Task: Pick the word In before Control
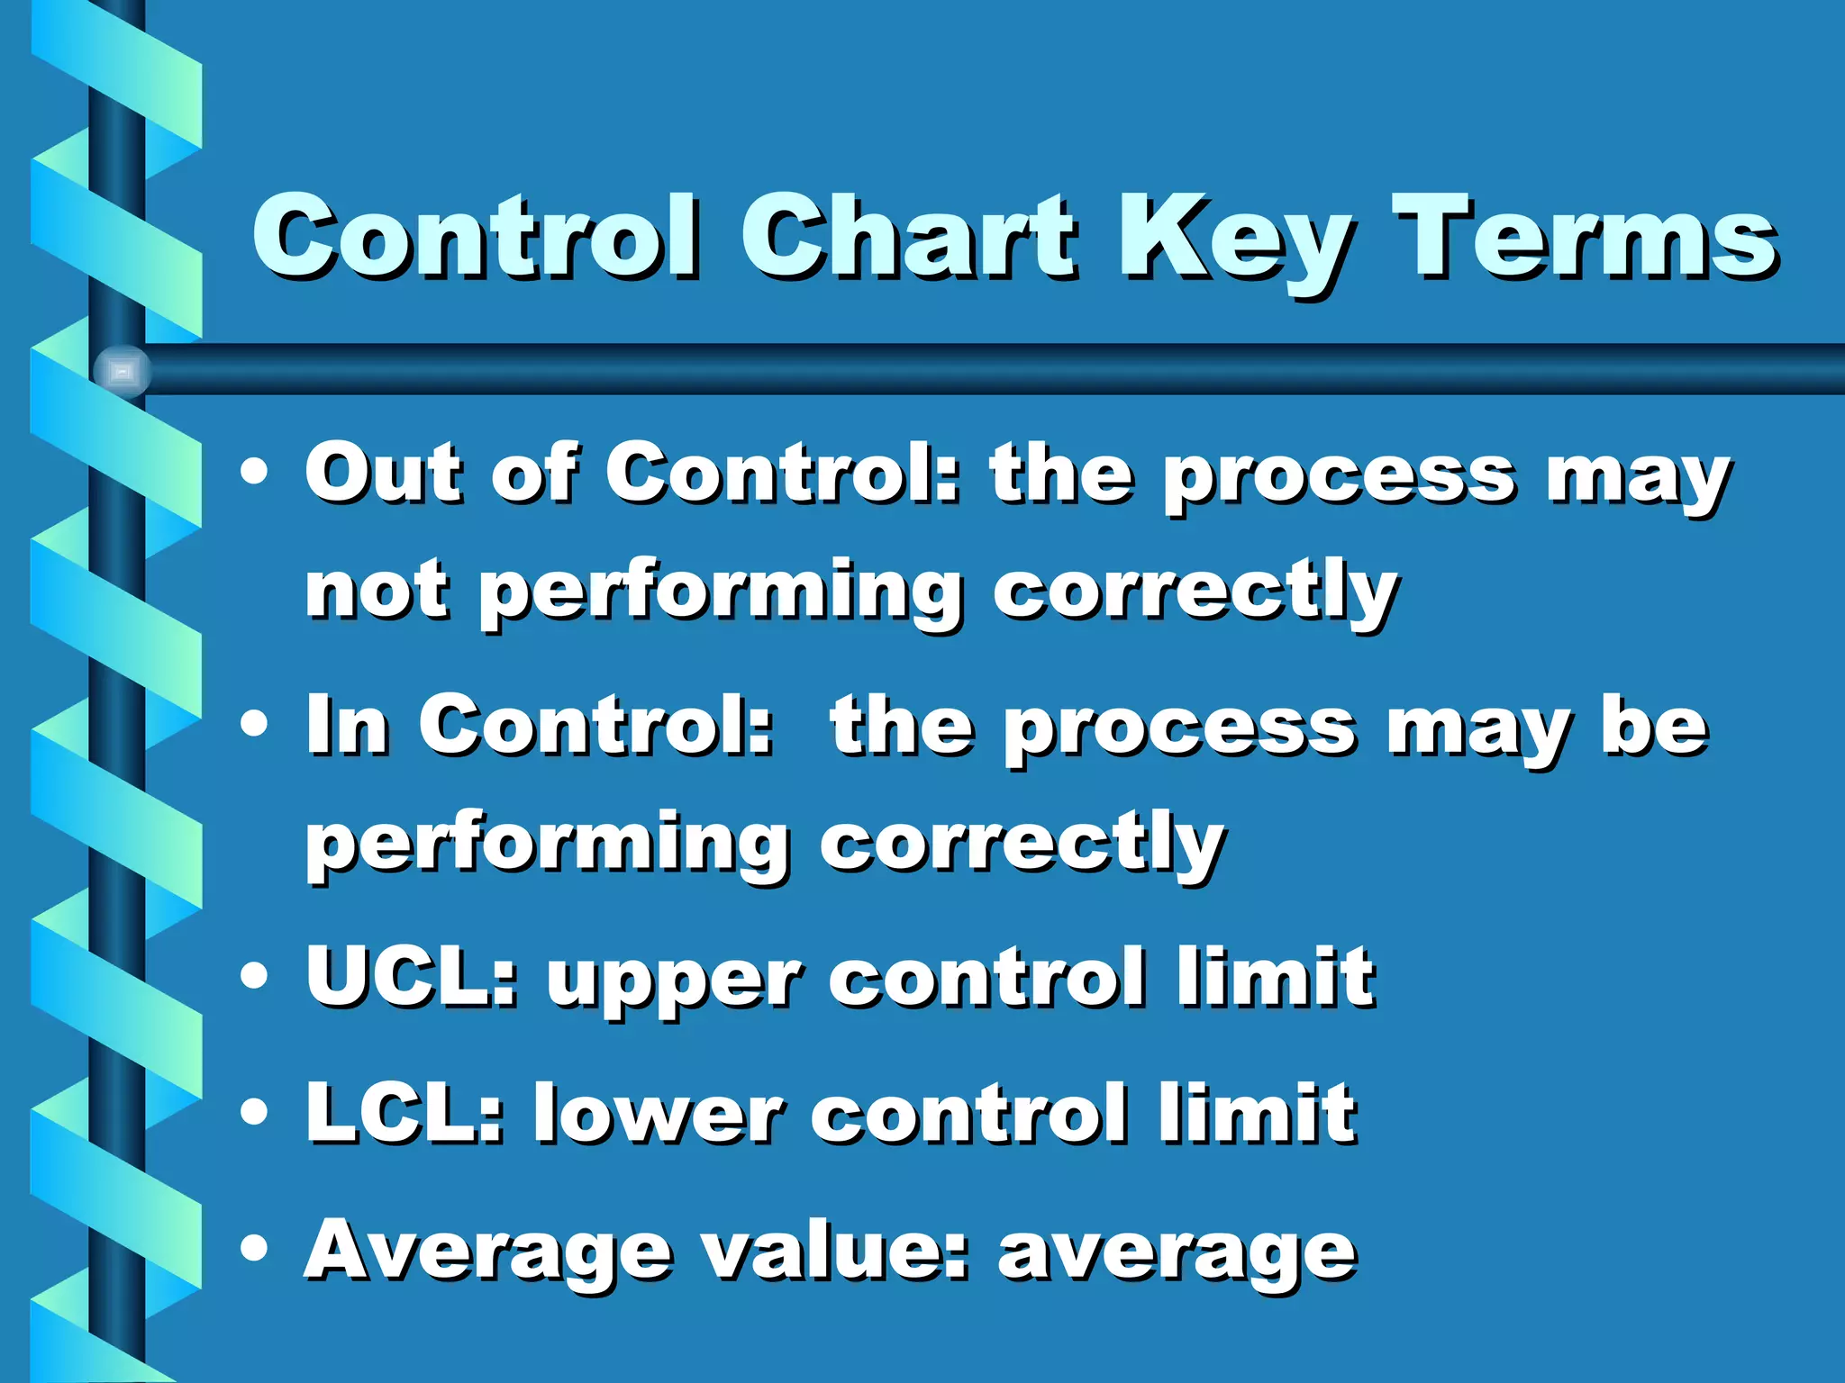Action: pyautogui.click(x=348, y=726)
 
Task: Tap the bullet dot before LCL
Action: pyautogui.click(x=255, y=1111)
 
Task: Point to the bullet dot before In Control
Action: pyautogui.click(x=255, y=724)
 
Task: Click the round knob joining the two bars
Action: pyautogui.click(x=122, y=370)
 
